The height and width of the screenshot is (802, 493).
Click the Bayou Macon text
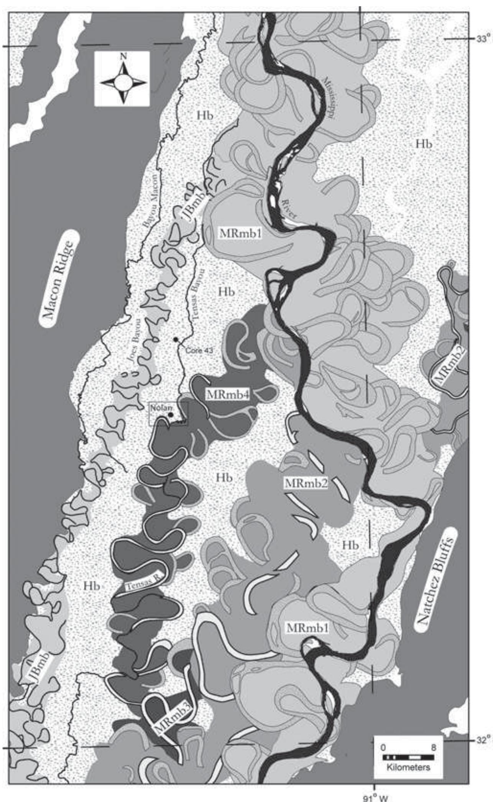pos(150,201)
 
